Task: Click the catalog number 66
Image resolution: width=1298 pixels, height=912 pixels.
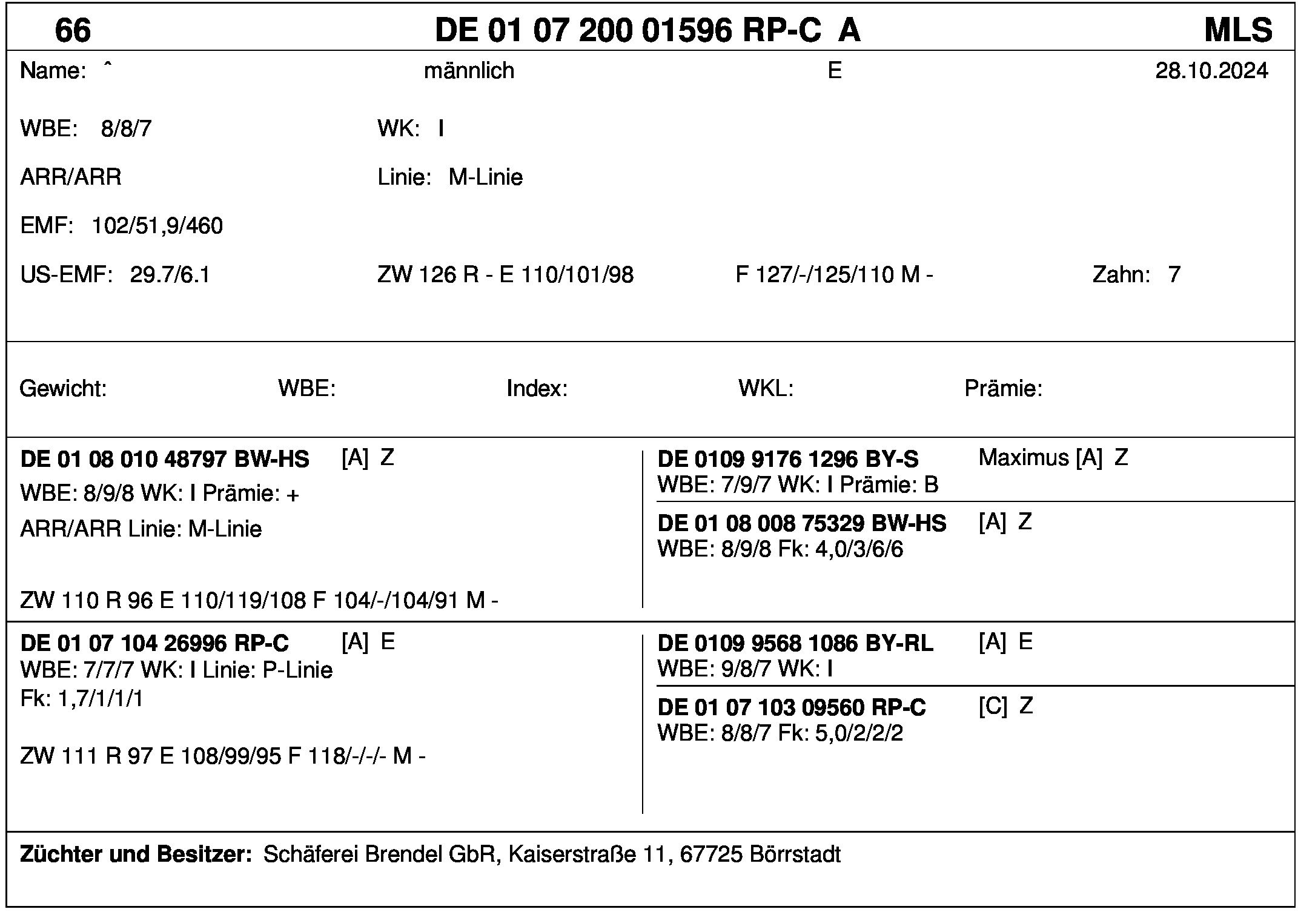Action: click(73, 30)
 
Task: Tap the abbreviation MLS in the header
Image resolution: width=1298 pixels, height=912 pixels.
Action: click(1238, 30)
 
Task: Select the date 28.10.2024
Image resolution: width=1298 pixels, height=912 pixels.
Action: click(1211, 71)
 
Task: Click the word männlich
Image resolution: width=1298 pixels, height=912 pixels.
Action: click(469, 71)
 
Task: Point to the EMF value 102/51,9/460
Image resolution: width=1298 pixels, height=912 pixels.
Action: click(157, 226)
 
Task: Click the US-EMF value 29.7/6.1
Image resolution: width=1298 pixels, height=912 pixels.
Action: click(170, 275)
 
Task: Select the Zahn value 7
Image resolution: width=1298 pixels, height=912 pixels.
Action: click(1174, 275)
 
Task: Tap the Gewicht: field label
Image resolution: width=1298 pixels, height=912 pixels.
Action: click(63, 388)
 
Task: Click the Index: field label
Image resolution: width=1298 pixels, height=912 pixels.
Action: click(537, 388)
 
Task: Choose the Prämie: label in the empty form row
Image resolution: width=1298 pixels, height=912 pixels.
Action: click(1003, 388)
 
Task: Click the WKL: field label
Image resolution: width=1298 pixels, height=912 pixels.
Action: click(766, 388)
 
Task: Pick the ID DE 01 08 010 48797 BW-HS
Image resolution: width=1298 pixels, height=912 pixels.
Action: click(165, 460)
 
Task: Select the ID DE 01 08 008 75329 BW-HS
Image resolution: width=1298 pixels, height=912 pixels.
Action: click(801, 523)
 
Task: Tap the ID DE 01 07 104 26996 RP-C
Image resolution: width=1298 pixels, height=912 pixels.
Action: click(154, 643)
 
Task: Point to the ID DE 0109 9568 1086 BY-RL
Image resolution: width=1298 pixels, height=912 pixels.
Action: click(795, 643)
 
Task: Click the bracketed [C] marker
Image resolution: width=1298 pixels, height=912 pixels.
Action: click(993, 706)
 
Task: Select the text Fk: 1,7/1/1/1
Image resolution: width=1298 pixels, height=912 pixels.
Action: click(82, 699)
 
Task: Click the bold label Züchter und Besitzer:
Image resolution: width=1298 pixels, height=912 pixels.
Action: click(136, 854)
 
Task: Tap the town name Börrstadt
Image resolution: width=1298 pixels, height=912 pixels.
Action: click(795, 854)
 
